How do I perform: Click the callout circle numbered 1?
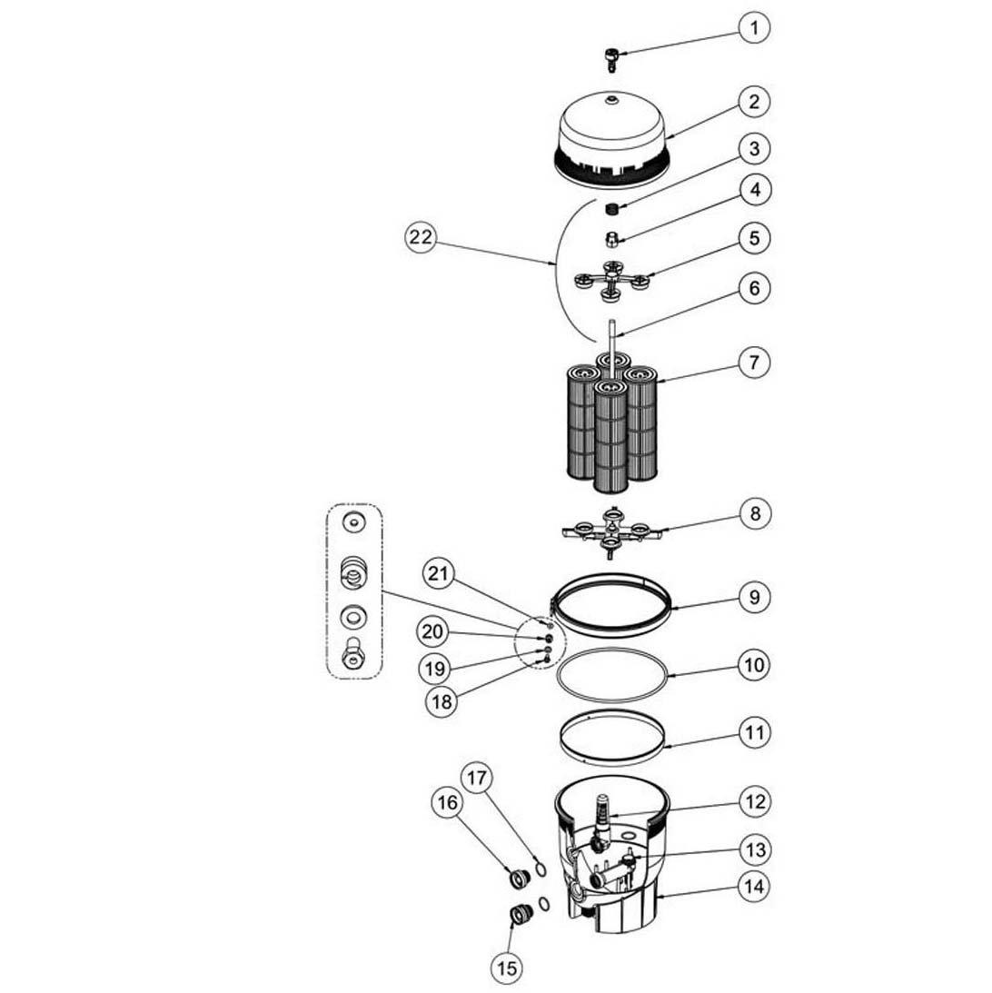point(754,28)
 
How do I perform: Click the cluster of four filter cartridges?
point(611,422)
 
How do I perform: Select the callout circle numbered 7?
point(754,362)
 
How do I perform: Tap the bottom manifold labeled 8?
point(611,529)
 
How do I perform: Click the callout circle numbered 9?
point(754,597)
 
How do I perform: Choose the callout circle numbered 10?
point(754,664)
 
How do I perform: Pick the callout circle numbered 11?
point(754,731)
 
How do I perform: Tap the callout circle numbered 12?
point(754,801)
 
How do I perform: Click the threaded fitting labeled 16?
point(519,879)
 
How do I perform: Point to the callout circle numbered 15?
point(508,968)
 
